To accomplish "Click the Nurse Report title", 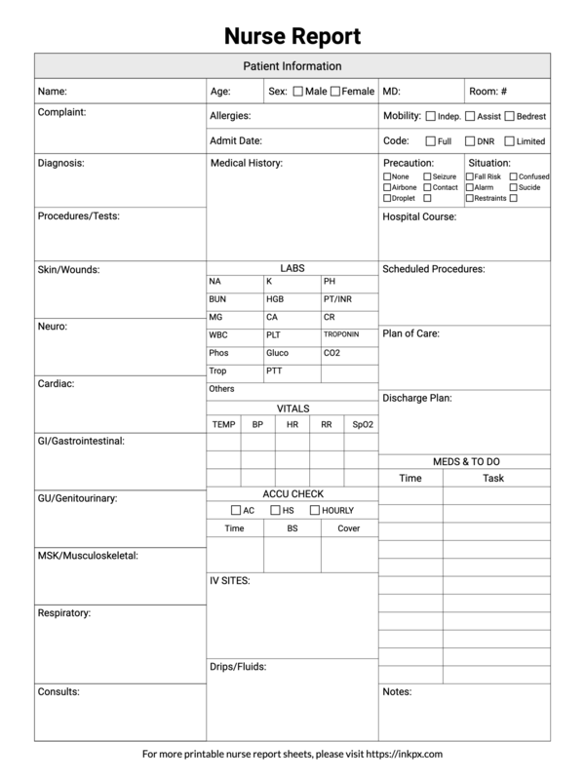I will pyautogui.click(x=292, y=37).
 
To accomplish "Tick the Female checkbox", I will pyautogui.click(x=335, y=92).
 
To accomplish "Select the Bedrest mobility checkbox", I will pyautogui.click(x=509, y=116).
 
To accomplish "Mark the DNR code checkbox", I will pyautogui.click(x=470, y=141).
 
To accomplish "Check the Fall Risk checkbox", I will pyautogui.click(x=470, y=176).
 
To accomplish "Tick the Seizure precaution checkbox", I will pyautogui.click(x=426, y=176).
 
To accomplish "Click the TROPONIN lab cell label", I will pyautogui.click(x=341, y=334).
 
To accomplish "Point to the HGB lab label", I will pyautogui.click(x=275, y=299).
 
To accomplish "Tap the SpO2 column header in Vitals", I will pyautogui.click(x=362, y=425).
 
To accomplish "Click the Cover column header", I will pyautogui.click(x=348, y=528).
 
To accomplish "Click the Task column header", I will pyautogui.click(x=493, y=479).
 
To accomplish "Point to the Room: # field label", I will pyautogui.click(x=487, y=92).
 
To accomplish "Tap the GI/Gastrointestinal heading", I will pyautogui.click(x=80, y=441).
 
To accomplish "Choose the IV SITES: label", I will pyautogui.click(x=230, y=581).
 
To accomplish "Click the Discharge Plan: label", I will pyautogui.click(x=416, y=398).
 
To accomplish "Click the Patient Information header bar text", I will pyautogui.click(x=292, y=66).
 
